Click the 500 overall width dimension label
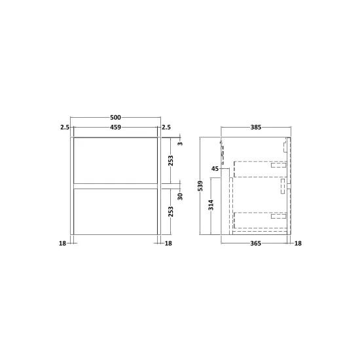115,118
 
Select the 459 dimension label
115,127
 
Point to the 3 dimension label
181,143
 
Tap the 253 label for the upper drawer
171,161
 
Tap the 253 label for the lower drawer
171,211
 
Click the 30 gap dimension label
180,196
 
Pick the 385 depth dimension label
256,127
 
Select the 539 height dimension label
200,186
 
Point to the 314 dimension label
211,205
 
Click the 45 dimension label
215,169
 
